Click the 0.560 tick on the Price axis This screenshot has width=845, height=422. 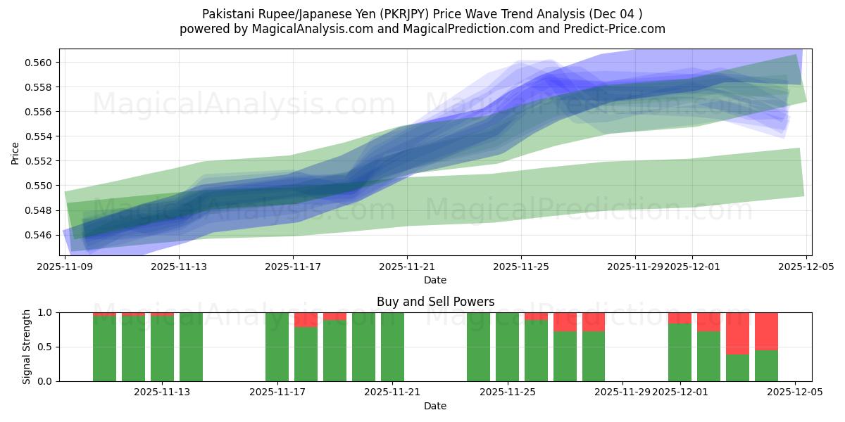click(x=42, y=63)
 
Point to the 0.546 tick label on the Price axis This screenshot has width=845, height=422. click(x=42, y=235)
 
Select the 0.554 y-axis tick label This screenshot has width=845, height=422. click(x=42, y=136)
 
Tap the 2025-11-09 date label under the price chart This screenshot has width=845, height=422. click(x=65, y=267)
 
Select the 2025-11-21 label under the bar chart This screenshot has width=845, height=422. click(x=392, y=392)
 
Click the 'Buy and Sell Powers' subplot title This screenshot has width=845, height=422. click(x=435, y=302)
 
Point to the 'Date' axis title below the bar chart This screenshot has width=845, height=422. click(x=435, y=406)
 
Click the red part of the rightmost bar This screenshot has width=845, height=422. click(x=766, y=331)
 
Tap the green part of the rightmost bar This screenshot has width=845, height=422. click(x=766, y=366)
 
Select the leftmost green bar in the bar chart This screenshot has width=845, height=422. click(x=104, y=348)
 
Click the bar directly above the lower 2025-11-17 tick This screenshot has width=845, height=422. click(x=277, y=347)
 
